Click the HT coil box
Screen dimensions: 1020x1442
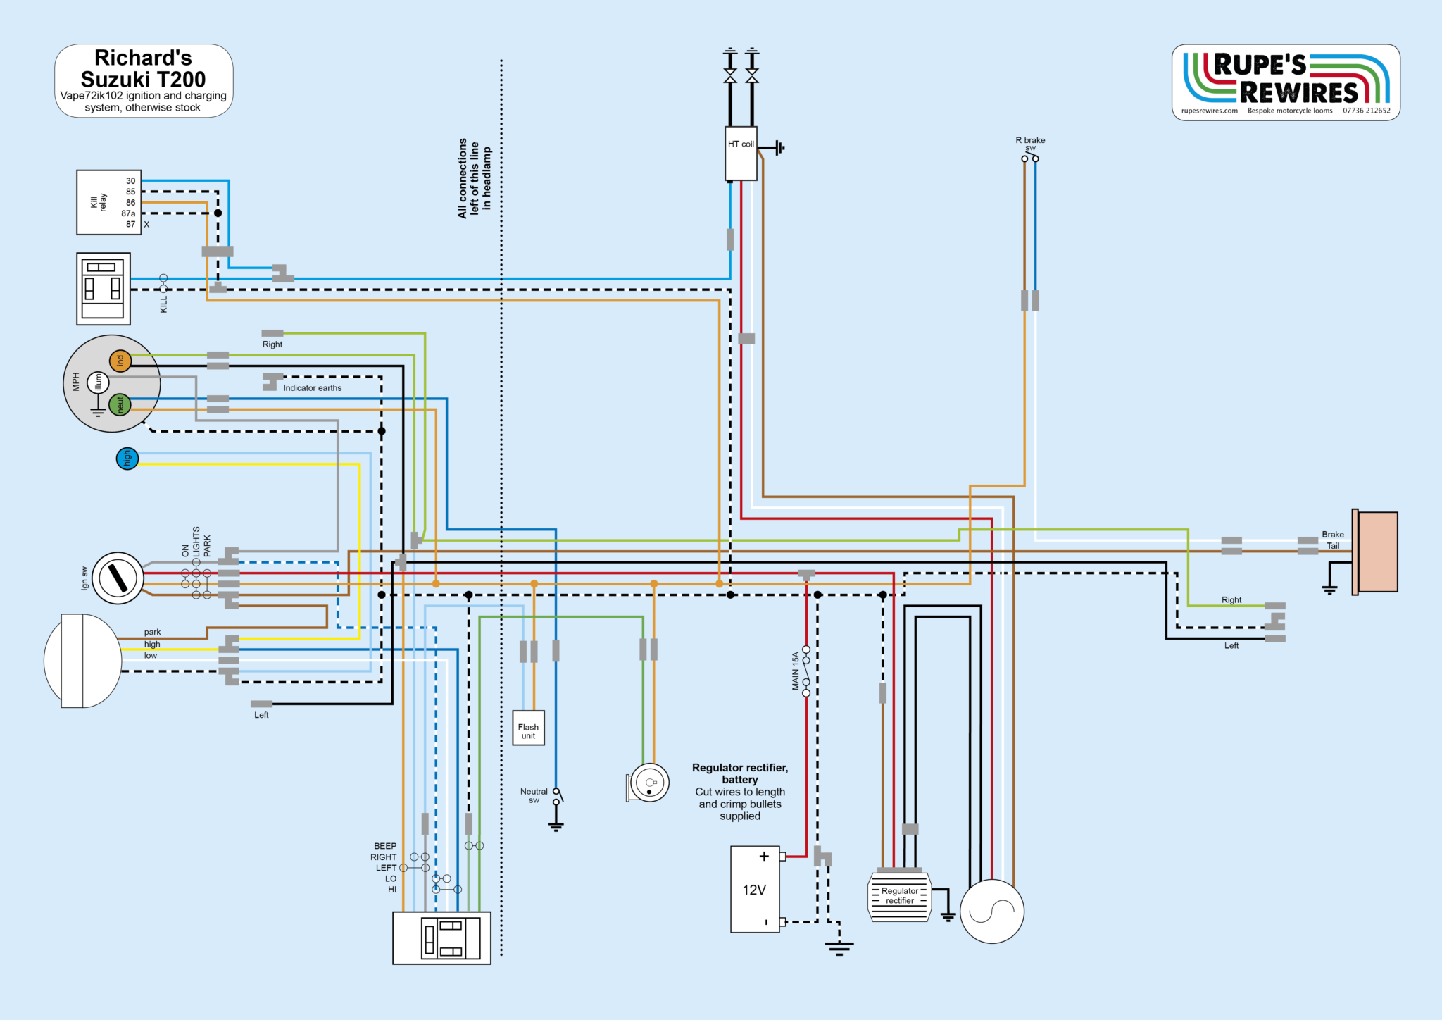pos(741,154)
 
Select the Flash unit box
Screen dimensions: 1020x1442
pos(528,728)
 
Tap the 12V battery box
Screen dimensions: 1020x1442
pos(755,889)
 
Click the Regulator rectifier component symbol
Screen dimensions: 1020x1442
pos(900,897)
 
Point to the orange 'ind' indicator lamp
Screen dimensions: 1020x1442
pos(120,361)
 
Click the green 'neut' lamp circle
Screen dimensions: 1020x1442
pos(120,404)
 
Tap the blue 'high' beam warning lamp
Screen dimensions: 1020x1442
pos(127,459)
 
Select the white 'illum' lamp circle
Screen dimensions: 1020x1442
pos(98,382)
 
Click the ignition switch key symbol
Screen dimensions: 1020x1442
pos(118,578)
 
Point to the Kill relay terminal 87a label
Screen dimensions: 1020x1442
pos(128,213)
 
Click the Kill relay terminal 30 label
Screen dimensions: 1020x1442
pos(131,181)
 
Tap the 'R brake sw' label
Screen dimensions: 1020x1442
pos(1030,143)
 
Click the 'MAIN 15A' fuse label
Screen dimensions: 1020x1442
pos(796,670)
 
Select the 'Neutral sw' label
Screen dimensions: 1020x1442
pos(534,795)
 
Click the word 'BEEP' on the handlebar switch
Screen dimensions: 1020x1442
pos(385,846)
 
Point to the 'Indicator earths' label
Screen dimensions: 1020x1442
pos(312,388)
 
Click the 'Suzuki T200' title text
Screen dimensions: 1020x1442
pos(143,79)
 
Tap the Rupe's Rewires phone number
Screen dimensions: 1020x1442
pos(1366,111)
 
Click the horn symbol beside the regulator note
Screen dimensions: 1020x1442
pos(648,783)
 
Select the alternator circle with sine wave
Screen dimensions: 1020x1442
pos(991,912)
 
